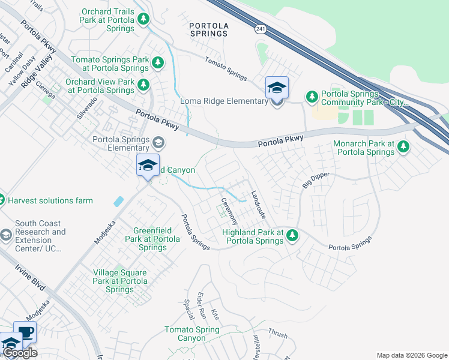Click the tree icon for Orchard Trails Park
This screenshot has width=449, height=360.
pos(143,20)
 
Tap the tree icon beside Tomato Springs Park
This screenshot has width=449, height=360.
pos(157,62)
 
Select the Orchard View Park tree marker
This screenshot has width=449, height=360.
pos(143,85)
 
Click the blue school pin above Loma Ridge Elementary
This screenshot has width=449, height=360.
pos(277,88)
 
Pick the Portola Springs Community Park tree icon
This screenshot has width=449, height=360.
pos(312,97)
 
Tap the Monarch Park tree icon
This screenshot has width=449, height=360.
pos(403,146)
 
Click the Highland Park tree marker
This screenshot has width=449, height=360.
pos(292,235)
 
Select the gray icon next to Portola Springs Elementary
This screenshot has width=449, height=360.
pos(158,142)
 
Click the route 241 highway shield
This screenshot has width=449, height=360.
pos(260,28)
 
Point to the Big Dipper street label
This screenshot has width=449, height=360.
pos(316,179)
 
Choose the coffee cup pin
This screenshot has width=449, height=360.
pos(25,332)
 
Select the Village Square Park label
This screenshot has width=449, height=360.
pos(120,281)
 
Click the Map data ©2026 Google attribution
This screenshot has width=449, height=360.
pos(411,355)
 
